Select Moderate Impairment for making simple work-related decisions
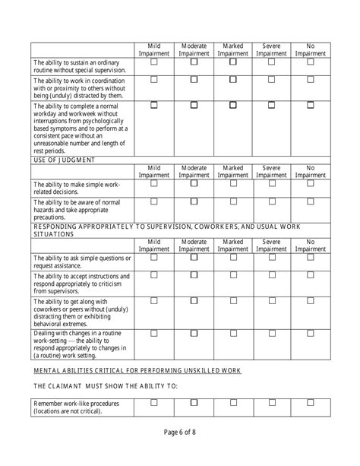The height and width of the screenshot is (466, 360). [193, 182]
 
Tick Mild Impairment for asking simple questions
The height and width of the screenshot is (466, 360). [154, 257]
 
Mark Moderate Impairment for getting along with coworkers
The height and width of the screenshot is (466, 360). [193, 301]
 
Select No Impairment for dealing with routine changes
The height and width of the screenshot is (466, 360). [311, 332]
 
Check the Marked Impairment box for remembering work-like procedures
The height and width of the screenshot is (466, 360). [232, 402]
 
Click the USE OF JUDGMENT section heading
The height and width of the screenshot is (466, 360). [64, 160]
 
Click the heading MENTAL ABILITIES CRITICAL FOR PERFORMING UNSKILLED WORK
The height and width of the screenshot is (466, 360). [137, 370]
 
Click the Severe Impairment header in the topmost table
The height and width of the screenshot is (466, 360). [271, 50]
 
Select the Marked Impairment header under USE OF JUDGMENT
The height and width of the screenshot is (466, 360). [232, 171]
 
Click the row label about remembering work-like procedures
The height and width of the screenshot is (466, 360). [76, 407]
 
